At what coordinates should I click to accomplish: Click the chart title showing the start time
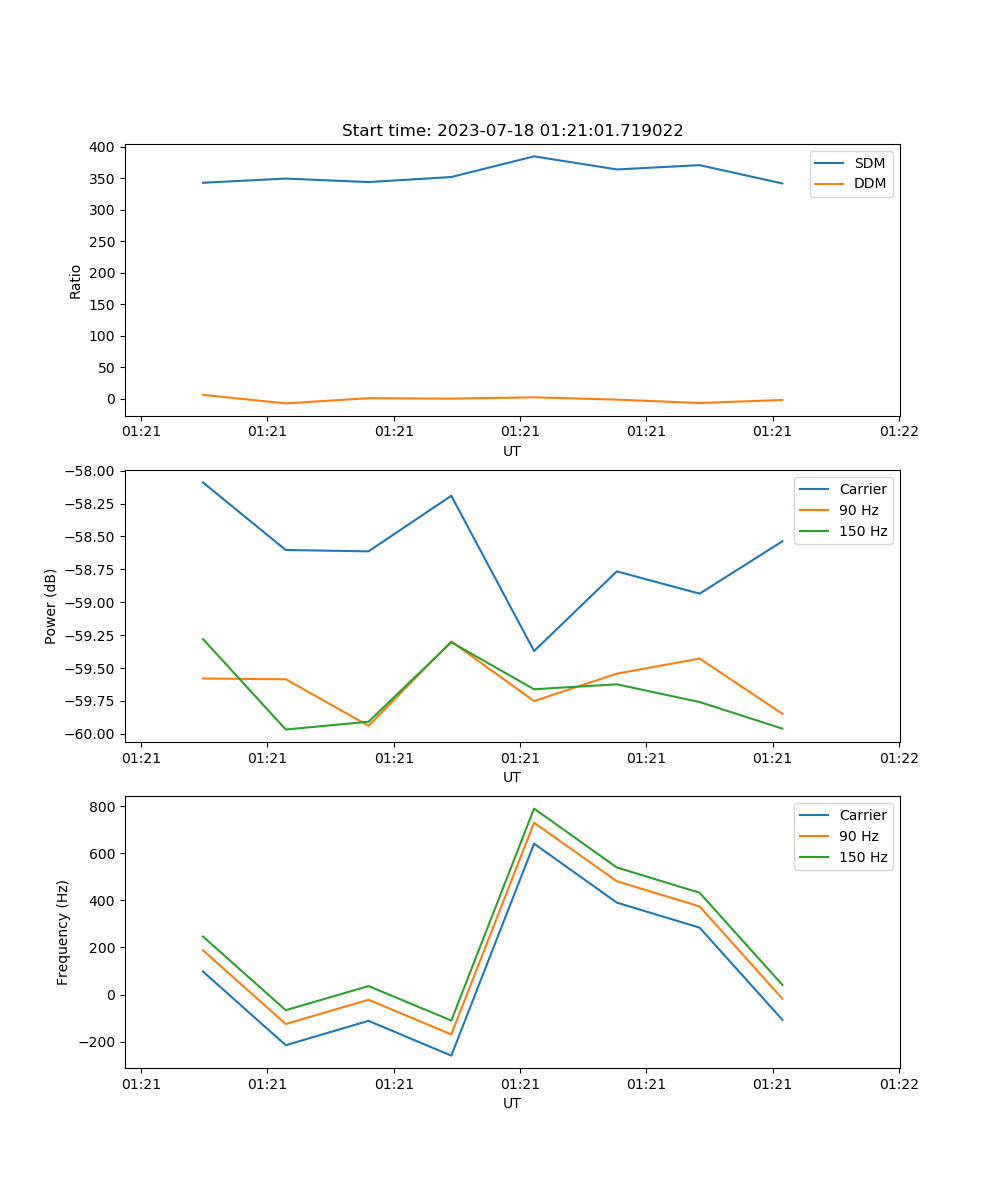click(x=512, y=131)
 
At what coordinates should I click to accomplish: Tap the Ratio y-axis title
click(x=75, y=281)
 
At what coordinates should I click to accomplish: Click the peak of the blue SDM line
click(x=534, y=156)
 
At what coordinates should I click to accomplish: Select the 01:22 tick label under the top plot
click(x=898, y=432)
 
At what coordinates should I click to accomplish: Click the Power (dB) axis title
click(x=51, y=606)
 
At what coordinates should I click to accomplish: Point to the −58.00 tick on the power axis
click(x=91, y=471)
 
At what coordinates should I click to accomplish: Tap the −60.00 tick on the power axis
click(x=91, y=734)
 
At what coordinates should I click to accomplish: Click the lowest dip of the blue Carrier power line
click(x=534, y=651)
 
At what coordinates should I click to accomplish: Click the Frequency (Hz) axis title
click(x=63, y=932)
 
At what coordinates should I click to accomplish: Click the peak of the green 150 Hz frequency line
click(x=534, y=808)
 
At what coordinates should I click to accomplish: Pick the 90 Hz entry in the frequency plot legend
click(x=859, y=836)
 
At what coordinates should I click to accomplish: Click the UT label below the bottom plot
click(x=512, y=1103)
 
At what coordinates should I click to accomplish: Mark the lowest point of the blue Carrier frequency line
click(x=451, y=1055)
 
